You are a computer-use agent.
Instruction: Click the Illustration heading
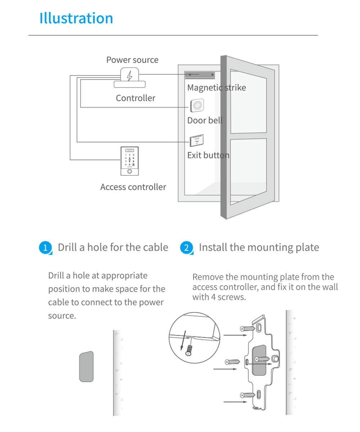76,18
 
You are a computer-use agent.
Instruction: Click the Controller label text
135,98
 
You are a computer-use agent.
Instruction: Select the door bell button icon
197,106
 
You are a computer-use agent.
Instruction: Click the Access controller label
133,187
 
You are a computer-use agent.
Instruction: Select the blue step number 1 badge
45,248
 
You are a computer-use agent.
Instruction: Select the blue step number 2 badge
186,248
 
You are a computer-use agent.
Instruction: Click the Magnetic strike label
216,87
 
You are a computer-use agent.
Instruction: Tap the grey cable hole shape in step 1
86,366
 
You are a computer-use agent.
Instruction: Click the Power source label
132,60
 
